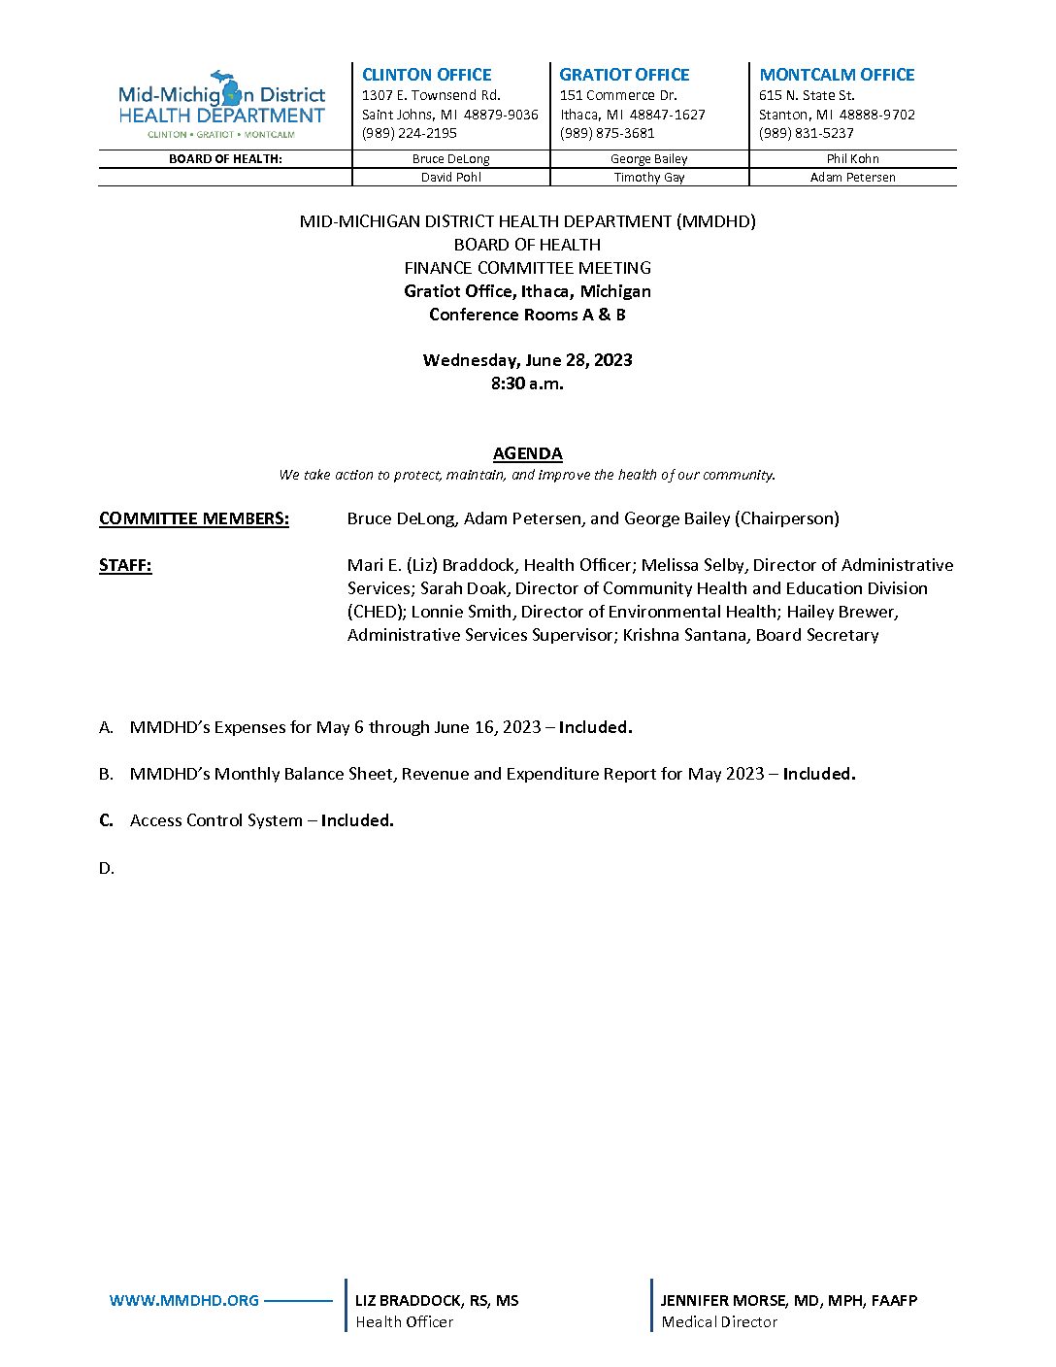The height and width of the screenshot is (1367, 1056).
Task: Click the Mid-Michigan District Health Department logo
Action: click(221, 105)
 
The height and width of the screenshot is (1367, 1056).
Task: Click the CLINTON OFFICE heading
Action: click(426, 75)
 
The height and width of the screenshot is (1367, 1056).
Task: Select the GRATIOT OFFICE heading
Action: click(624, 75)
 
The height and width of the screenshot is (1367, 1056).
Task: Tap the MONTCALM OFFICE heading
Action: click(837, 75)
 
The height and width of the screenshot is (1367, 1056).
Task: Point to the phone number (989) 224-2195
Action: click(409, 133)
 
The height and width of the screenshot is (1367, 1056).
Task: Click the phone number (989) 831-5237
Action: click(806, 133)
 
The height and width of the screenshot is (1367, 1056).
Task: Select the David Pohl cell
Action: click(450, 178)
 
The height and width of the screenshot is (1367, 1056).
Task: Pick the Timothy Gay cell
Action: click(649, 178)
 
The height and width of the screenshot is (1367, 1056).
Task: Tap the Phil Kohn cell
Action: click(852, 159)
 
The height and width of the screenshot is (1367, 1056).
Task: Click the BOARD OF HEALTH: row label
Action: click(225, 159)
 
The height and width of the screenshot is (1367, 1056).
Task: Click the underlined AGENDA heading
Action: click(527, 453)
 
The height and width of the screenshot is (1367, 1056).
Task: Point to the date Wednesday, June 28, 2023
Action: click(527, 360)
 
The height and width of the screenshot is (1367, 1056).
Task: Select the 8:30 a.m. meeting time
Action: click(527, 383)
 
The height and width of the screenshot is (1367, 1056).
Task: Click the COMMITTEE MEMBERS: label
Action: click(194, 518)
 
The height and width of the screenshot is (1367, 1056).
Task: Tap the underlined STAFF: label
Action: click(125, 565)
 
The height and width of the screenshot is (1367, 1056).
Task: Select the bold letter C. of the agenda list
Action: click(106, 820)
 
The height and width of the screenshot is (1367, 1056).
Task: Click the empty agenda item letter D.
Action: click(106, 868)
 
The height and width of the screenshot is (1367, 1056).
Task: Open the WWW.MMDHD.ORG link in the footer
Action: click(184, 1300)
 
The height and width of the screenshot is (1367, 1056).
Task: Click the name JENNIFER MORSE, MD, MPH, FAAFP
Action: click(788, 1300)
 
